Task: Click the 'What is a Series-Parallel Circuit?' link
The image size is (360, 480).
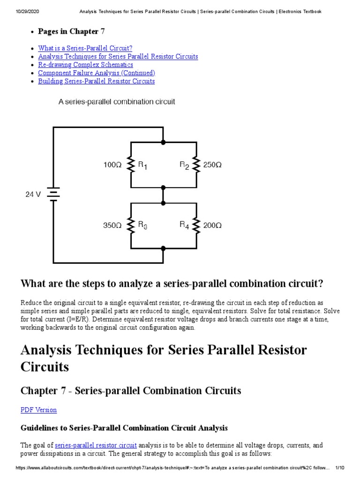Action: [x=85, y=48]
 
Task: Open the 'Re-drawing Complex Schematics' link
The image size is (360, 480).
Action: [x=85, y=65]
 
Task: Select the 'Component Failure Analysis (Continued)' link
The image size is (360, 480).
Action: [x=96, y=73]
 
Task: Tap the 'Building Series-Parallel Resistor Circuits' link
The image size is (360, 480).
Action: [x=96, y=81]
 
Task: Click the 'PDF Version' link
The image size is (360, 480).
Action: [x=38, y=410]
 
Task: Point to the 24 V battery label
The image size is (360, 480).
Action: [x=33, y=195]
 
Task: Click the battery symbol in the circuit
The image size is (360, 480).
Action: [x=53, y=195]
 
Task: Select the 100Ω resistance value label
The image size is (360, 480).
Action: [x=112, y=165]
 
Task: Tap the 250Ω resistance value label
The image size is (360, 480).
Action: [x=212, y=165]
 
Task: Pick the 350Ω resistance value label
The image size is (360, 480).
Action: [x=112, y=225]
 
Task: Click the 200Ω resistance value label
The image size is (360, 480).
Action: [x=212, y=225]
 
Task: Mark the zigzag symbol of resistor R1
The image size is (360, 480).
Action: [x=131, y=165]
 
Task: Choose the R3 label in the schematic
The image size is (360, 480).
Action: [x=142, y=225]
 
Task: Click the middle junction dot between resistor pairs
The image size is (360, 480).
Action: [x=163, y=203]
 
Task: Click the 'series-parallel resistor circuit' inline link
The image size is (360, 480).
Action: [x=96, y=445]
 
